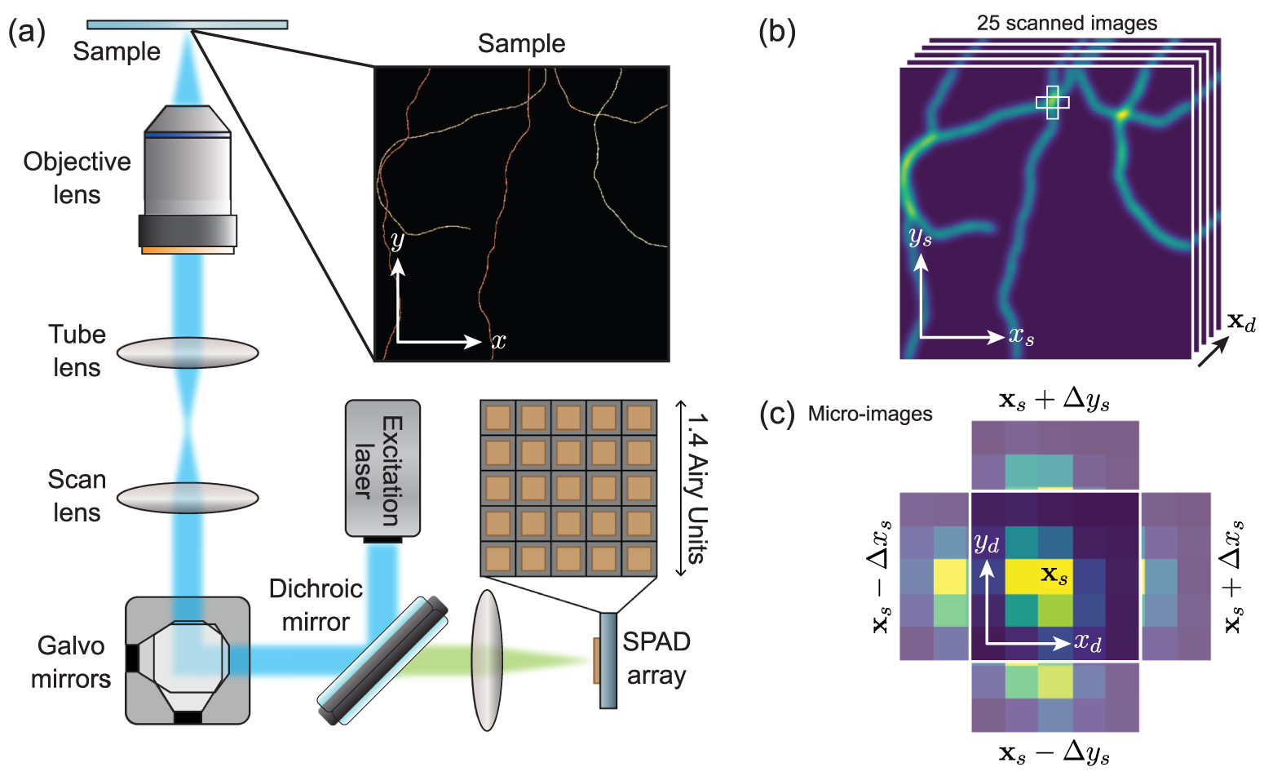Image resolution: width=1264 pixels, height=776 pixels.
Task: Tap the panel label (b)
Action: pyautogui.click(x=776, y=31)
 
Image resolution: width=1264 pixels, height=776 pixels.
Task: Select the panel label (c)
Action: pyautogui.click(x=776, y=415)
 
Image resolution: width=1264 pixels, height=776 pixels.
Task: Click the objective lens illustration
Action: pyautogui.click(x=188, y=180)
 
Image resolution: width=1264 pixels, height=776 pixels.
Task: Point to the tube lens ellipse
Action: pyautogui.click(x=188, y=353)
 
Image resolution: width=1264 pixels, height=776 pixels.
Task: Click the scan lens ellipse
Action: pyautogui.click(x=188, y=498)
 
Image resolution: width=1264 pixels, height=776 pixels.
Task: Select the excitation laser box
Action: pyautogui.click(x=382, y=468)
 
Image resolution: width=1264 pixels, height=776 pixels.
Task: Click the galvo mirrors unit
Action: pyautogui.click(x=188, y=659)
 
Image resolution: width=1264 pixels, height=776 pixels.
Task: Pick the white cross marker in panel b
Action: pyautogui.click(x=1052, y=102)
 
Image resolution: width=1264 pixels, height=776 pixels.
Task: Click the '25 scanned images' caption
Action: pyautogui.click(x=1067, y=23)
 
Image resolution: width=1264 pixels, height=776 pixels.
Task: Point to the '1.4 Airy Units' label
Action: pyautogui.click(x=696, y=488)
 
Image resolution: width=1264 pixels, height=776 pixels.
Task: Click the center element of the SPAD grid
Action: pyautogui.click(x=568, y=488)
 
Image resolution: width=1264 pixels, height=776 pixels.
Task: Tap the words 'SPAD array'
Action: pyautogui.click(x=656, y=658)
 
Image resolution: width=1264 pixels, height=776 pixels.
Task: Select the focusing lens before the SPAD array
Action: pyautogui.click(x=487, y=659)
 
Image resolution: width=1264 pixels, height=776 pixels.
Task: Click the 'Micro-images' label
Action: pyautogui.click(x=869, y=415)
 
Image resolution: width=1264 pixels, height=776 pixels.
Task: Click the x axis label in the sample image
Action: pyautogui.click(x=499, y=341)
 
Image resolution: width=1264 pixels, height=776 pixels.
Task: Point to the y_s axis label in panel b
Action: pyautogui.click(x=920, y=237)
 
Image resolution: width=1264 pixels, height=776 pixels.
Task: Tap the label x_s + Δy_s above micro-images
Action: pyautogui.click(x=1054, y=401)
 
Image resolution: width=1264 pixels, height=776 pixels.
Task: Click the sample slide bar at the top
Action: pyautogui.click(x=188, y=24)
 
